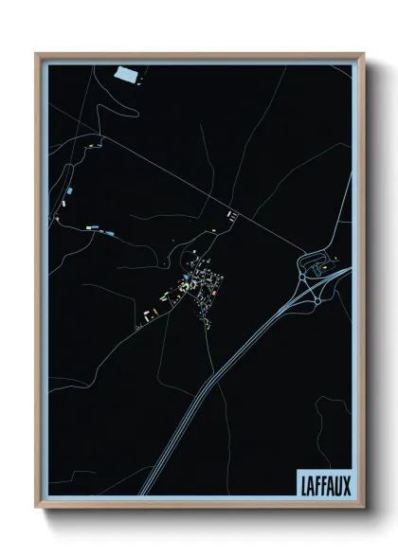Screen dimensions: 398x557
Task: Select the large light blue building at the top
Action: pyautogui.click(x=126, y=72)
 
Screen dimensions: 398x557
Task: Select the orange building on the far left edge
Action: pyautogui.click(x=58, y=220)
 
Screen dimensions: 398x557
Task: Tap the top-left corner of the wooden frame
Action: pyautogui.click(x=37, y=54)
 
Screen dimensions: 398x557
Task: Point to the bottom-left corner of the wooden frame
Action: pyautogui.click(x=37, y=507)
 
